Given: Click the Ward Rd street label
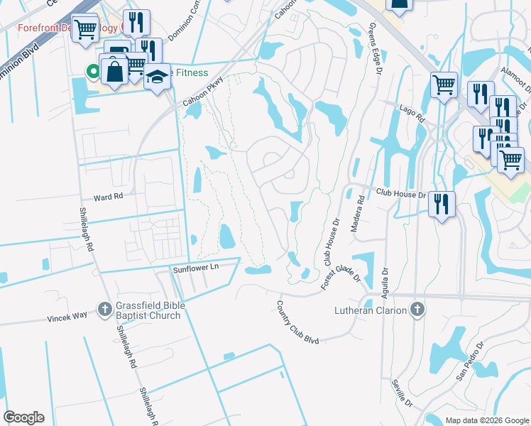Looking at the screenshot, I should coord(109,195).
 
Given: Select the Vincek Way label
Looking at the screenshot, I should coord(67,319).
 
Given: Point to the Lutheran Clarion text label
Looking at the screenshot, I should coord(371,310).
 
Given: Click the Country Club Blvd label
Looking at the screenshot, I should coord(298,322).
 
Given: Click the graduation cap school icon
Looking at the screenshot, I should coord(158,76).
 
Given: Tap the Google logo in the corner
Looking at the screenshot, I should coord(23,417).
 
